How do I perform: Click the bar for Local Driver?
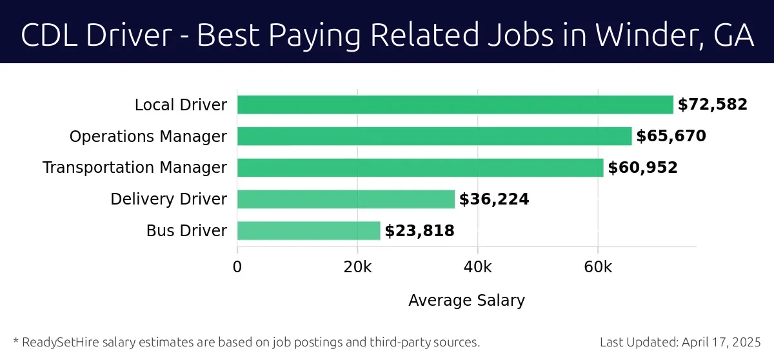pyautogui.click(x=455, y=105)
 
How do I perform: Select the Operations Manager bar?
pyautogui.click(x=434, y=136)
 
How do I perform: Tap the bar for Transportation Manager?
pyautogui.click(x=420, y=168)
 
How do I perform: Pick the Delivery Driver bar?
pyautogui.click(x=346, y=199)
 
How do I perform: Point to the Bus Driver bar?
pyautogui.click(x=308, y=231)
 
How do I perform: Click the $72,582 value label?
pyautogui.click(x=712, y=105)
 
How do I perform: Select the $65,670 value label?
pyautogui.click(x=671, y=136)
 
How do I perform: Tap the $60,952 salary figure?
pyautogui.click(x=642, y=168)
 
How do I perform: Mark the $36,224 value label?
pyautogui.click(x=494, y=199)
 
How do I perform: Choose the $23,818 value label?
pyautogui.click(x=419, y=231)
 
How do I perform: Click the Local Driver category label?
pyautogui.click(x=181, y=105)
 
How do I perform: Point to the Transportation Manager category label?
pyautogui.click(x=135, y=168)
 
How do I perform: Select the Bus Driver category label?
pyautogui.click(x=186, y=231)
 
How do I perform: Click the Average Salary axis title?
pyautogui.click(x=466, y=301)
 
